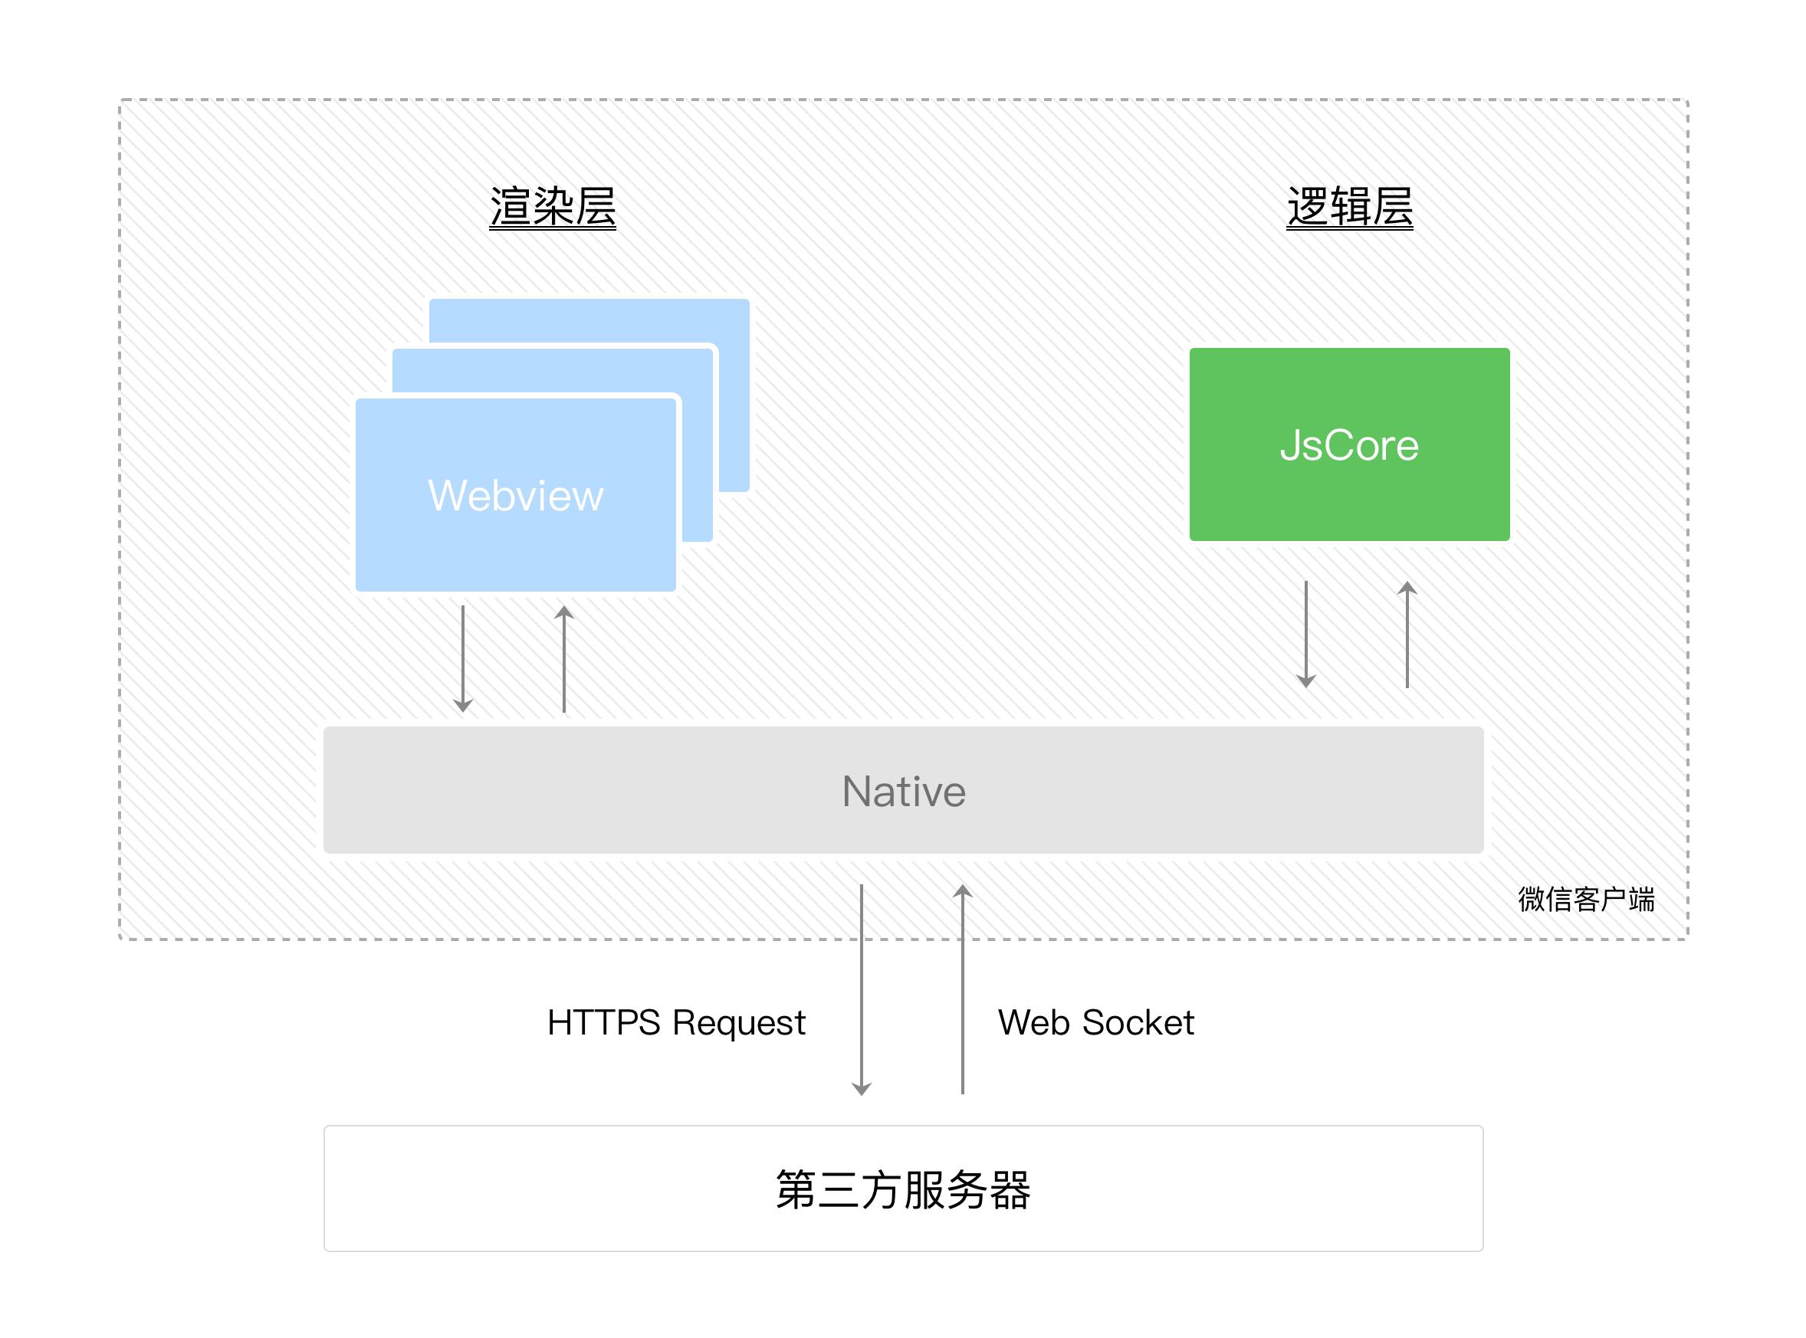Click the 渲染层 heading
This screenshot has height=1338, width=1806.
point(552,207)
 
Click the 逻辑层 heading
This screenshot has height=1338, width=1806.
point(1349,207)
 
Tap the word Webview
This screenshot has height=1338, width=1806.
point(515,495)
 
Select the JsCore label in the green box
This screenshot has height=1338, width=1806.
point(1349,444)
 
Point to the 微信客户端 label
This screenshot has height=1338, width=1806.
point(1586,899)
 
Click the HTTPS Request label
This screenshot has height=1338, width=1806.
point(676,1022)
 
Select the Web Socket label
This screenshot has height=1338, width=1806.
point(1095,1022)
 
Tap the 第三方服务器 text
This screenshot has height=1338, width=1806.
point(902,1189)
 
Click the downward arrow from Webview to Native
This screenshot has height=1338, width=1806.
point(463,658)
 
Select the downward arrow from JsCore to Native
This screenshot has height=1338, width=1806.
point(1305,633)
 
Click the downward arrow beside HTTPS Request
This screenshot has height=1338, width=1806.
point(862,988)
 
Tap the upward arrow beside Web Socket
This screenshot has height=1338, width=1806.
point(962,988)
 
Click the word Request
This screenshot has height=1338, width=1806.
point(738,1023)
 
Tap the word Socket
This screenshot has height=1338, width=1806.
point(1138,1022)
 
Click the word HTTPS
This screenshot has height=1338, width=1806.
point(603,1022)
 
